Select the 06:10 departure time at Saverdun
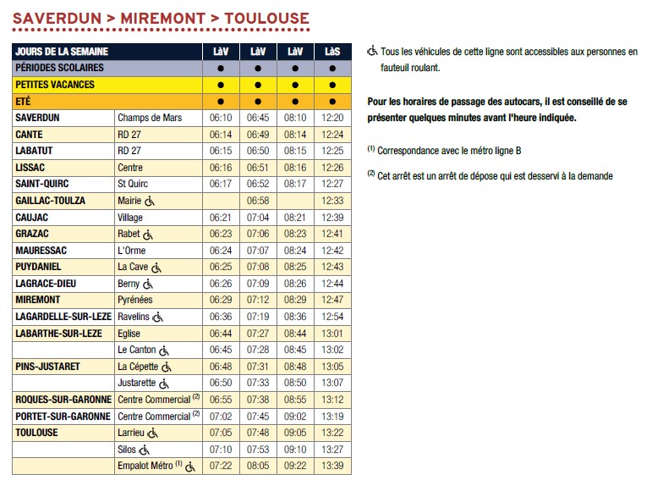tap(220, 118)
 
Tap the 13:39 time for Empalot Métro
tap(333, 466)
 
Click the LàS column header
tap(333, 52)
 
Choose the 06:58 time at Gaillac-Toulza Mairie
tap(257, 201)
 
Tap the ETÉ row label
tap(25, 102)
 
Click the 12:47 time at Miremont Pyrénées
tap(333, 300)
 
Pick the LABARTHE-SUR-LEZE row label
tap(59, 333)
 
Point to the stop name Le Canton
tap(137, 350)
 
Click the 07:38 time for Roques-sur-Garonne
tap(257, 400)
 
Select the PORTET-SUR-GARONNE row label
tap(63, 416)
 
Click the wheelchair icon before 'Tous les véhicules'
tap(372, 51)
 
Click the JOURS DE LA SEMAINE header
tap(62, 52)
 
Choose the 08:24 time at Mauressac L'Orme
tap(295, 251)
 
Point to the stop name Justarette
tap(137, 383)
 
